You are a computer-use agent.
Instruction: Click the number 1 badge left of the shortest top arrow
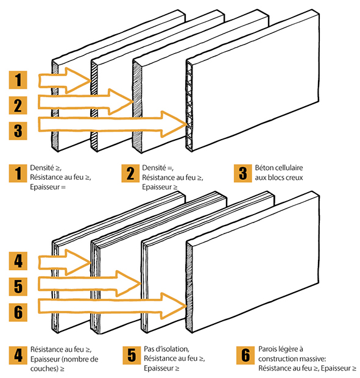(18, 80)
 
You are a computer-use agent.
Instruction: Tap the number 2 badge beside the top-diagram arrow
(18, 105)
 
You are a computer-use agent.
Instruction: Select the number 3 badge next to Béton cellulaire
(242, 173)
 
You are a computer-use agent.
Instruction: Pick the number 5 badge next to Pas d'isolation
(132, 355)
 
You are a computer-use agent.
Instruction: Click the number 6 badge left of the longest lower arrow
(18, 312)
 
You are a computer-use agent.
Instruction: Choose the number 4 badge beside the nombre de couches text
(18, 355)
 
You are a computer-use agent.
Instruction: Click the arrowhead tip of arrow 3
(187, 124)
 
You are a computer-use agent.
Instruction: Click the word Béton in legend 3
(263, 168)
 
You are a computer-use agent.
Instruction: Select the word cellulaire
(288, 168)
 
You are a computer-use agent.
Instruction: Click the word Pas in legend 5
(149, 349)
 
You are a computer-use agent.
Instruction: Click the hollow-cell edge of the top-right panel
(189, 105)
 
